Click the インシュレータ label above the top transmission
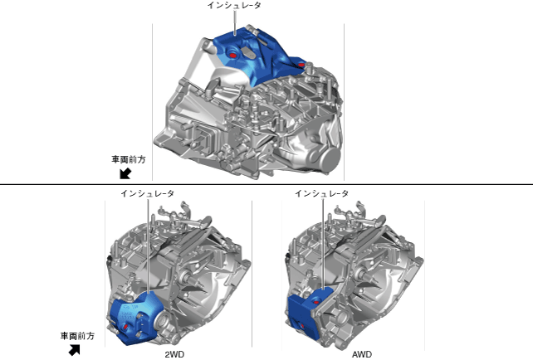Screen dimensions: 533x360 234,5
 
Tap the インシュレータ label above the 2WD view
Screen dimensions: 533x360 148,193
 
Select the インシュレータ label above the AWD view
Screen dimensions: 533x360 321,193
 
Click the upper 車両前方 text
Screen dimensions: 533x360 129,159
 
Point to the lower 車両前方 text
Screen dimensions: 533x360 77,336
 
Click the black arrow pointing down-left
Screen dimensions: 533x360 125,173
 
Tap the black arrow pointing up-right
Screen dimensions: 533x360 75,350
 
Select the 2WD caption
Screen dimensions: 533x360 174,354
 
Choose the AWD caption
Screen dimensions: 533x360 362,354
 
